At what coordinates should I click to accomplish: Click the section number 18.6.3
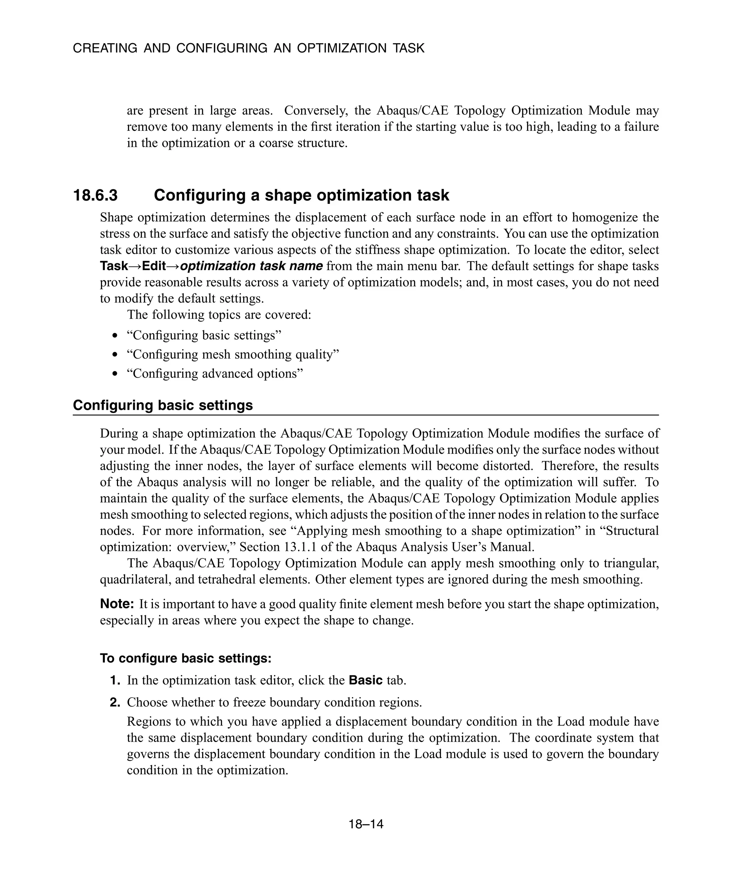click(x=95, y=195)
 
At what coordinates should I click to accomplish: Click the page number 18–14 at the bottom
click(x=366, y=824)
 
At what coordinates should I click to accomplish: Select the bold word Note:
click(x=117, y=604)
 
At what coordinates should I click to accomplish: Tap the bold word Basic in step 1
click(x=365, y=680)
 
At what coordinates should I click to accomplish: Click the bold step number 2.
click(x=115, y=702)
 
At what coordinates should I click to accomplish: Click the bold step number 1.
click(x=115, y=680)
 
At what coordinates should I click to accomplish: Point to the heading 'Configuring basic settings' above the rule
click(x=163, y=405)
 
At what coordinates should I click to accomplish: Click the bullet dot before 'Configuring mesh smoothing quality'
click(x=115, y=355)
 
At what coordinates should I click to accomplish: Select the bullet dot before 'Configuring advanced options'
click(x=115, y=374)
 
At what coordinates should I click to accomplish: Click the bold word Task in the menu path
click(x=114, y=266)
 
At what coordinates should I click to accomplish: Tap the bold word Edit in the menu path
click(x=154, y=266)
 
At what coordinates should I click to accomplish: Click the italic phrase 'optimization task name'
click(x=252, y=266)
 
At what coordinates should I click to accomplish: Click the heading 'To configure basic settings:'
click(x=186, y=658)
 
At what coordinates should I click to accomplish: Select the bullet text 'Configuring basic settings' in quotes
click(x=204, y=335)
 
